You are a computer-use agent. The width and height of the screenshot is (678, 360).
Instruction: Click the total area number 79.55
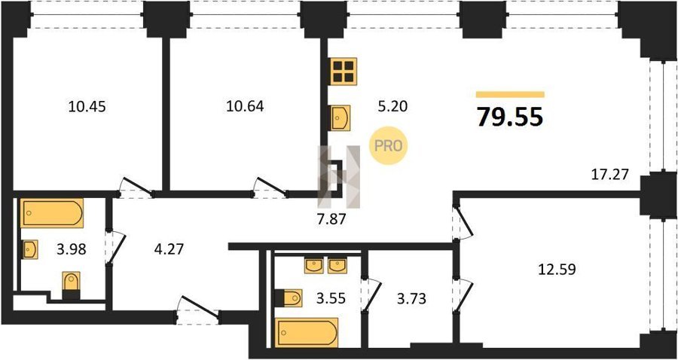coord(510,117)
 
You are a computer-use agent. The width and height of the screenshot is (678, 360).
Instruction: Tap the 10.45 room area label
coord(87,106)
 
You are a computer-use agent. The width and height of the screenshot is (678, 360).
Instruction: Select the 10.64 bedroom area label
coord(245,106)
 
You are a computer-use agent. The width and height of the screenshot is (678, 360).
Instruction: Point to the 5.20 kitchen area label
coord(393,106)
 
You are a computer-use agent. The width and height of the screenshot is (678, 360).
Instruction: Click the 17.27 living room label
coord(609,175)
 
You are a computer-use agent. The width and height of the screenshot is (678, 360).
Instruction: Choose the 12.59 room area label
coord(557,270)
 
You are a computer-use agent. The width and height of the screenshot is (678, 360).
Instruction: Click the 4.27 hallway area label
coord(169,249)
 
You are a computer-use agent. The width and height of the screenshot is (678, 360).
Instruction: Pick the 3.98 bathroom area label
coord(72,249)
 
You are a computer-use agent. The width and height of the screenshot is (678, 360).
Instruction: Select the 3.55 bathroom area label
coord(331,298)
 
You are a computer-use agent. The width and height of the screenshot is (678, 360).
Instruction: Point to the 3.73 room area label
coord(411,298)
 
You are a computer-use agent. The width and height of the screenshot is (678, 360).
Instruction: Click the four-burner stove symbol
coord(344,72)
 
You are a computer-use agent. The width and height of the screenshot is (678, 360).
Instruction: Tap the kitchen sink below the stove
coord(341,118)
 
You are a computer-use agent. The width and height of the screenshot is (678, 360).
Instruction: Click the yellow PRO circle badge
coord(388,145)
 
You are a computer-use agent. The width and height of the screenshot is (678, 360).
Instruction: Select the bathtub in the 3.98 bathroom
coord(52,213)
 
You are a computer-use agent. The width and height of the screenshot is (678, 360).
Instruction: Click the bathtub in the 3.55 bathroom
coord(307,333)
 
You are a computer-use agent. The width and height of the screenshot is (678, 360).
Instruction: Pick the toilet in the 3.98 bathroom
coord(72,285)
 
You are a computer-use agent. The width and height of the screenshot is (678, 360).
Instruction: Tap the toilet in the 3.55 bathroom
coord(288,297)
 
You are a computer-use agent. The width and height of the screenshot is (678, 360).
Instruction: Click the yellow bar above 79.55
coord(510,95)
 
